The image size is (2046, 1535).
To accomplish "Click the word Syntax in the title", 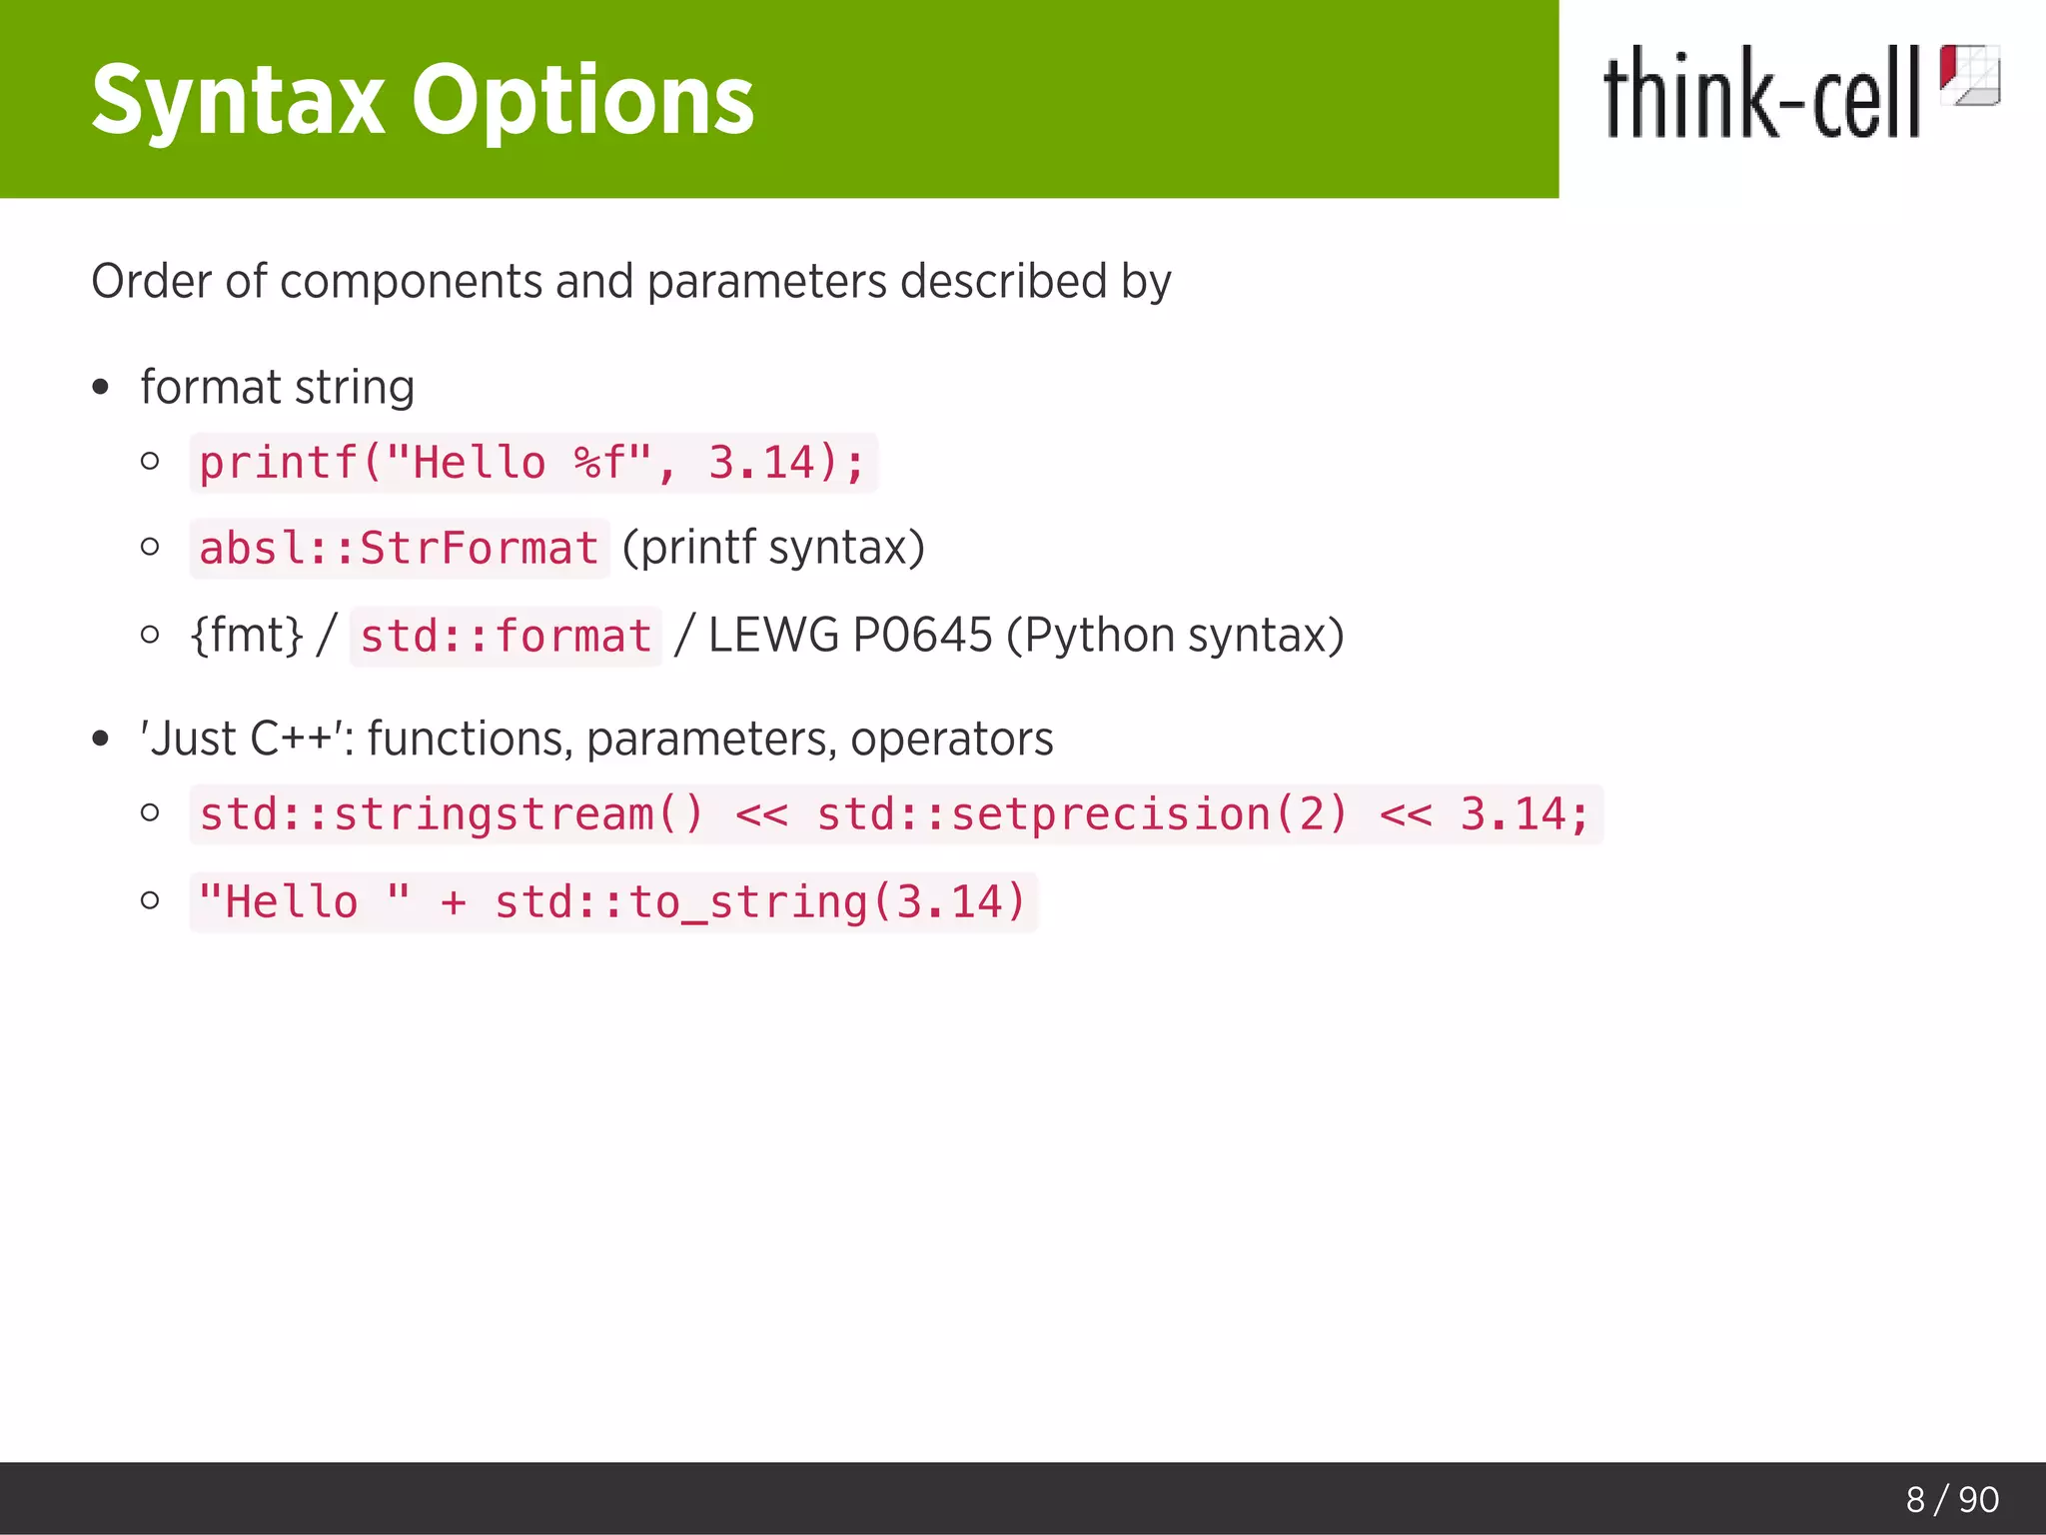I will point(238,100).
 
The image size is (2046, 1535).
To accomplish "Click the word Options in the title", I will point(582,100).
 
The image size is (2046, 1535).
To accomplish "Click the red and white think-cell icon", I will point(1969,75).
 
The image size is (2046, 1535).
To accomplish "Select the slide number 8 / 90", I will point(1951,1499).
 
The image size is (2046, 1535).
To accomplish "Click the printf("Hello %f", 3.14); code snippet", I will point(532,464).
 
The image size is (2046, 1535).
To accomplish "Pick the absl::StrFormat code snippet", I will point(399,549).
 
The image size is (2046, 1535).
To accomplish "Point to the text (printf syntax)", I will point(773,548).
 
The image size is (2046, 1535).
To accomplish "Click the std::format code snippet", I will point(506,637).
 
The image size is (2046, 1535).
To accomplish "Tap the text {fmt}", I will point(247,636).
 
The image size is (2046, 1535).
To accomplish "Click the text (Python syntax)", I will point(1175,636).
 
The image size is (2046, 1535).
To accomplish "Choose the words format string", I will point(277,388).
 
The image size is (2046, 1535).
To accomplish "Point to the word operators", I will point(951,740).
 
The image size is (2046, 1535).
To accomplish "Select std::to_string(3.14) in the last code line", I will point(760,902).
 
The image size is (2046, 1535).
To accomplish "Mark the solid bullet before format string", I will point(100,388).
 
